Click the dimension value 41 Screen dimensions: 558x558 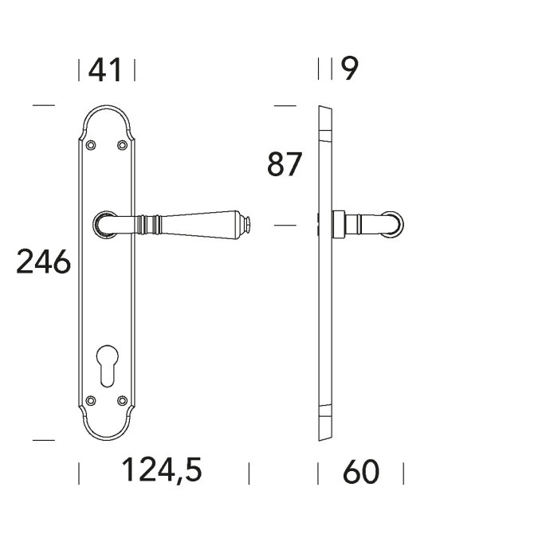point(106,70)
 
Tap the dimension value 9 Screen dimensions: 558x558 point(349,69)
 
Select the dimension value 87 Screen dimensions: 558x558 point(285,165)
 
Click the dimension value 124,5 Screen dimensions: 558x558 point(161,471)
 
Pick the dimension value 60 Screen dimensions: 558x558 point(361,473)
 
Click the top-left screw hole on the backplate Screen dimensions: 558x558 point(90,144)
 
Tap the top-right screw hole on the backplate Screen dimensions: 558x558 point(122,144)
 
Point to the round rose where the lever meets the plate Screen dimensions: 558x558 point(103,225)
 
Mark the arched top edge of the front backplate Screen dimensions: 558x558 point(106,106)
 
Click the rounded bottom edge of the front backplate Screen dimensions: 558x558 point(106,439)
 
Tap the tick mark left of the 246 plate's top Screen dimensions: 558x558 point(43,105)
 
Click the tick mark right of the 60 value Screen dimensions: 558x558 point(403,474)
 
